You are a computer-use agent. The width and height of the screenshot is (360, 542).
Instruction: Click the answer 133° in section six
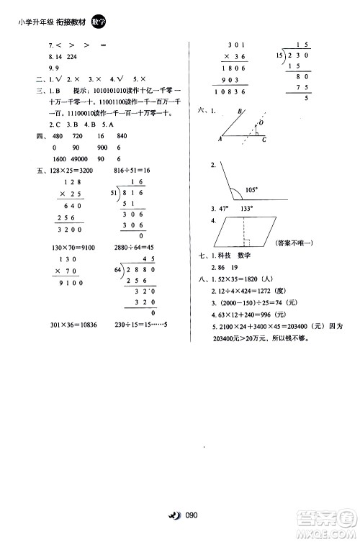click(x=247, y=208)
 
